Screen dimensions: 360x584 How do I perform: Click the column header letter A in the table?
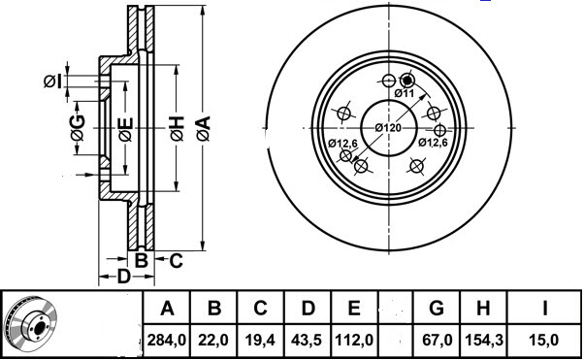coord(167,310)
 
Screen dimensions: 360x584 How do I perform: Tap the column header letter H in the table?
coord(484,310)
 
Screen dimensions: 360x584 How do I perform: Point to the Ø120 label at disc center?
coord(388,128)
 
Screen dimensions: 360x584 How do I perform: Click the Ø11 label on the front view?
coord(405,94)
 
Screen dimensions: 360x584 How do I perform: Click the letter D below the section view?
coord(123,278)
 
